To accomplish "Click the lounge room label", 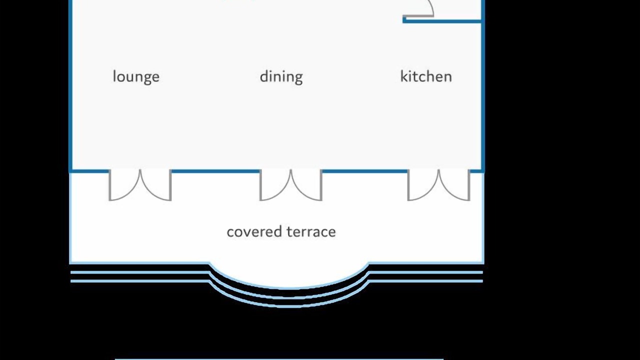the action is click(136, 77).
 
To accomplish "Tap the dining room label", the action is click(281, 77).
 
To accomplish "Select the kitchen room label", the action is click(426, 76).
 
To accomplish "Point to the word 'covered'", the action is click(254, 231).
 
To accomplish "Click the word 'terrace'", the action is click(311, 231).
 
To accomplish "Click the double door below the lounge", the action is click(140, 185).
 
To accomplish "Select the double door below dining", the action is click(291, 185).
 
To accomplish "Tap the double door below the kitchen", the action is click(439, 185).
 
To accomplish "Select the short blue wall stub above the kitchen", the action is click(442, 21).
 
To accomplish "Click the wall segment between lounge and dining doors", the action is click(215, 171).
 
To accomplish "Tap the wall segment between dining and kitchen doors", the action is click(365, 171).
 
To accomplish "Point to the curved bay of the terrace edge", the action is click(288, 287).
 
